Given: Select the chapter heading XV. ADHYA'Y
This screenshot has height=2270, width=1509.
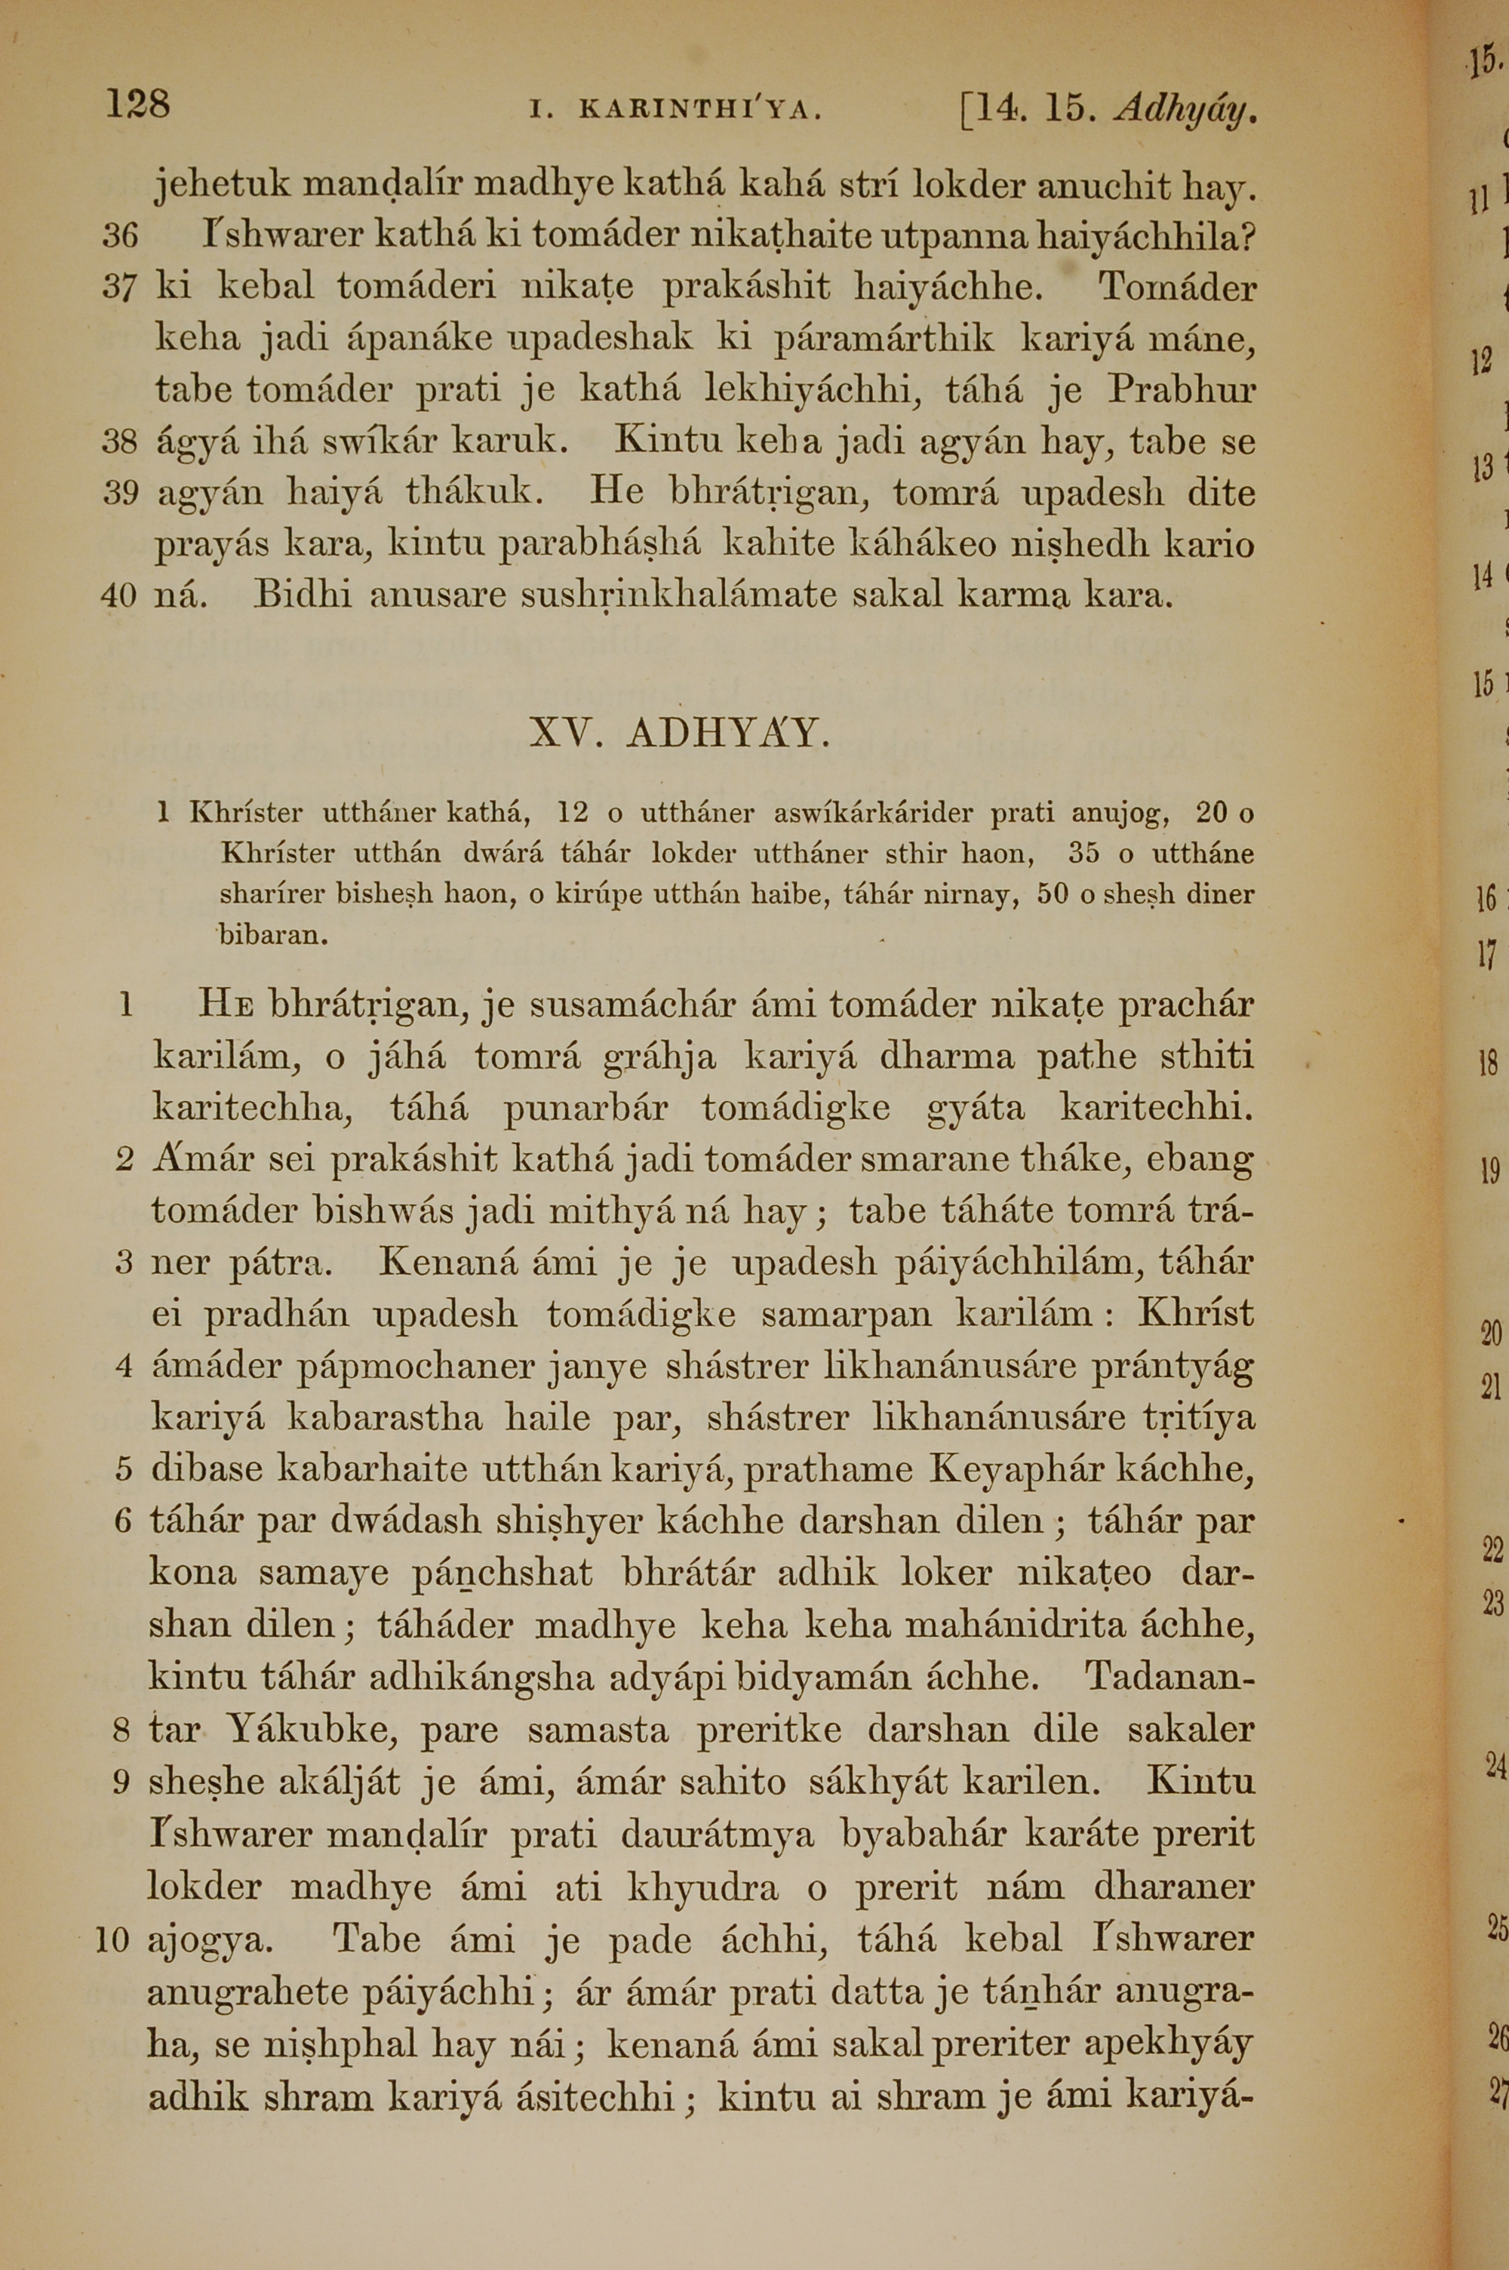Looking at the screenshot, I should [x=680, y=734].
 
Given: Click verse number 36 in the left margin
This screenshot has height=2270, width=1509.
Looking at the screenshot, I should [x=120, y=235].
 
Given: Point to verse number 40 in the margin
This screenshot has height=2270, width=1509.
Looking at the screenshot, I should [x=119, y=595].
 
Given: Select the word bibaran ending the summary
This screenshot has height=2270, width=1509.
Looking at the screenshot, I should [x=272, y=934].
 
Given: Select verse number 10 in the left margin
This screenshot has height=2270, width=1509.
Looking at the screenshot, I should [x=112, y=1938].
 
